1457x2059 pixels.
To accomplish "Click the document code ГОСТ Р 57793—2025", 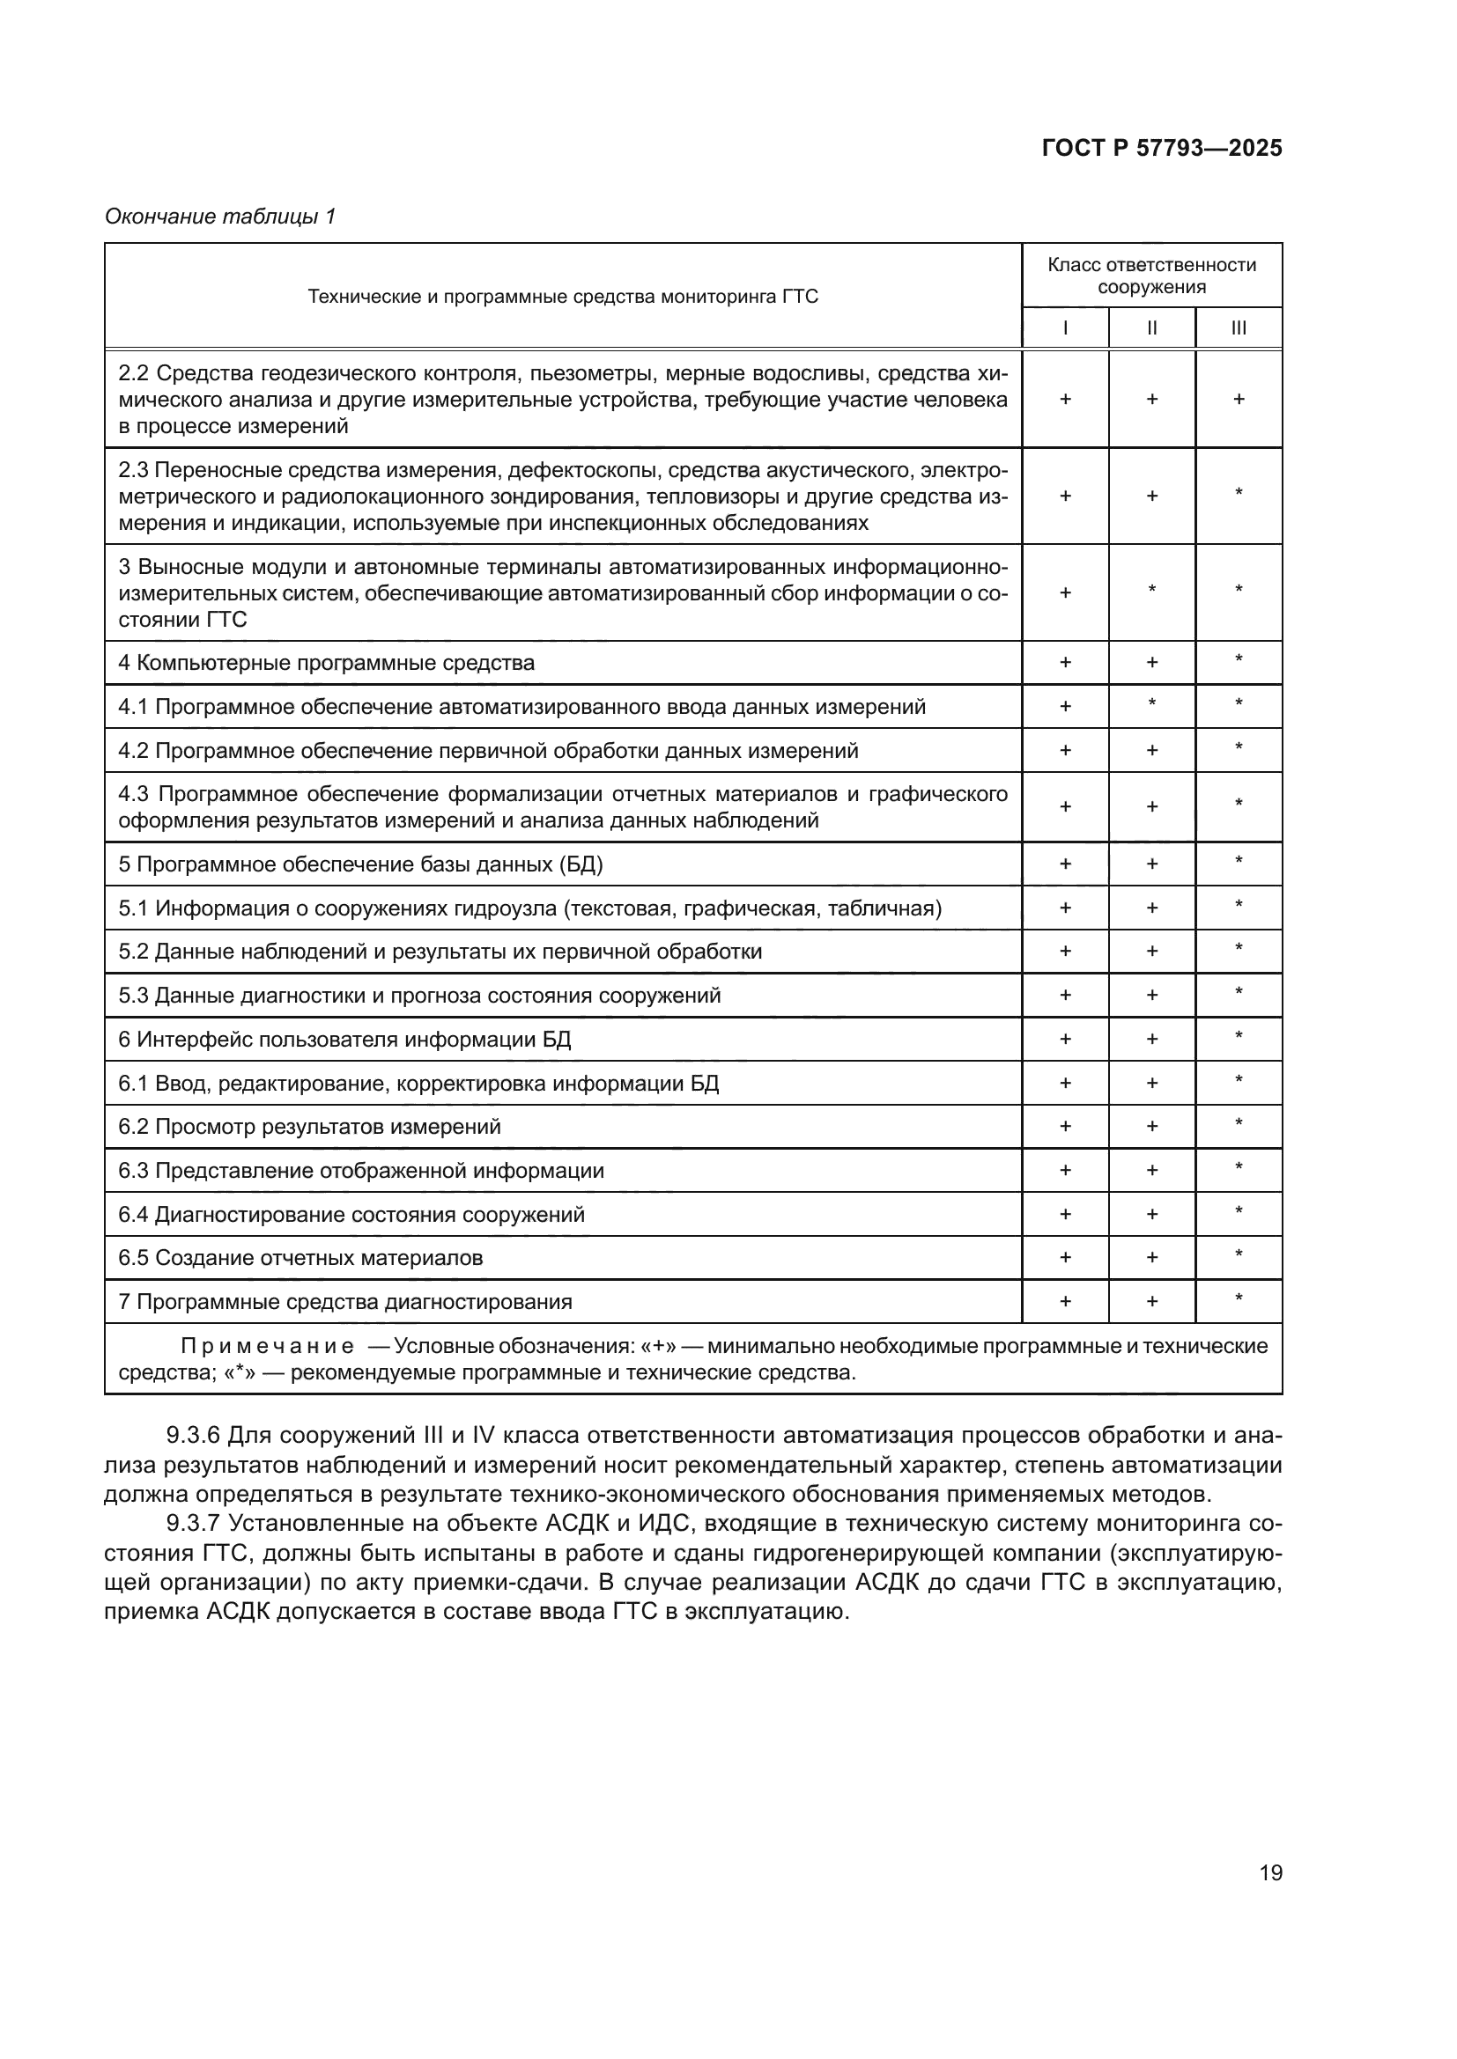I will (x=1162, y=148).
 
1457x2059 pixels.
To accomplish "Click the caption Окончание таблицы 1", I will (x=220, y=217).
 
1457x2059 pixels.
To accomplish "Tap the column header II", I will (x=1152, y=328).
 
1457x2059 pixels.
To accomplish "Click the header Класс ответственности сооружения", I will (x=1152, y=276).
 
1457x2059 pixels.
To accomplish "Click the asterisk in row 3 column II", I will (x=1152, y=590).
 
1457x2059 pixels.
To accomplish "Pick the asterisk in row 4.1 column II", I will (x=1152, y=704).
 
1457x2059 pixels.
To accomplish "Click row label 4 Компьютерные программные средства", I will (x=327, y=663).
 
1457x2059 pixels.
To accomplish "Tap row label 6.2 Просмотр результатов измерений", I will (x=309, y=1127).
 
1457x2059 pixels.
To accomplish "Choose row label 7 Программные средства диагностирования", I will (x=345, y=1301).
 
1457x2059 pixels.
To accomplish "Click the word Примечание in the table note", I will (x=266, y=1346).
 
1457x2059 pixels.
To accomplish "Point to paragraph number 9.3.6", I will (x=193, y=1436).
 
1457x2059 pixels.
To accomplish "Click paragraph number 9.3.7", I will (x=193, y=1523).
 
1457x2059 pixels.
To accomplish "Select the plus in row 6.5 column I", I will (x=1065, y=1257).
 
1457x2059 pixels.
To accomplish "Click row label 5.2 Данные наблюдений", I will (x=440, y=952).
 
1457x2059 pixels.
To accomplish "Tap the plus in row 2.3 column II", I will (x=1152, y=496).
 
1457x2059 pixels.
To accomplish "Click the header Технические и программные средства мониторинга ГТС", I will (x=563, y=297).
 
